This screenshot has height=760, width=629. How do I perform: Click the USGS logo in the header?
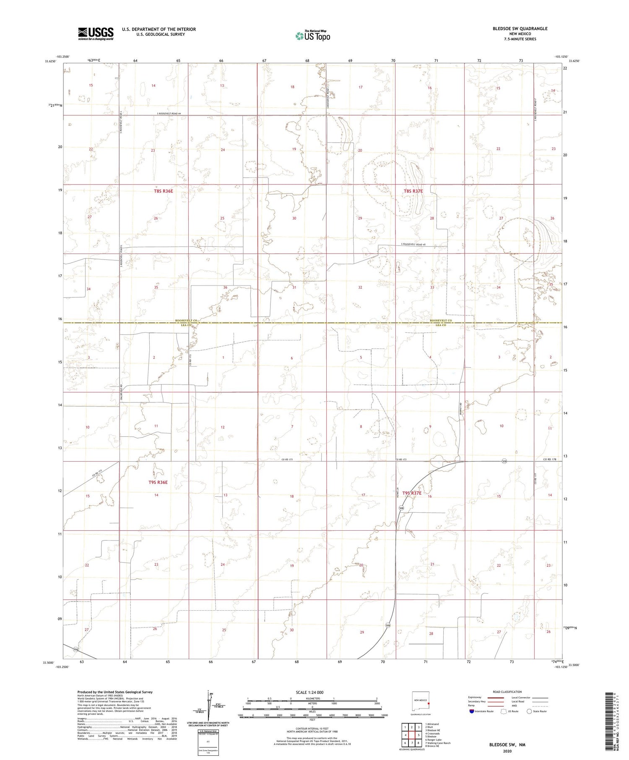point(96,34)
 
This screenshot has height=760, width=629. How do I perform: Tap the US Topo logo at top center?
point(312,36)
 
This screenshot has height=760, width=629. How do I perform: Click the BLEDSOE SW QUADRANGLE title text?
point(514,29)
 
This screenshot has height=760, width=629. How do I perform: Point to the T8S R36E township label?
point(163,191)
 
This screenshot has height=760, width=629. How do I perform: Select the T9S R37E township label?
point(412,493)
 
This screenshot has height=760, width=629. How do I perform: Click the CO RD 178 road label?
point(549,459)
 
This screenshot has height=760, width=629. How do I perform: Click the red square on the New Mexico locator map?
point(428,704)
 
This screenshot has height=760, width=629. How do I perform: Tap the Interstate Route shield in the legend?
point(471,711)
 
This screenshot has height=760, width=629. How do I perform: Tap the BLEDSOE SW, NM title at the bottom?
point(507,745)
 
